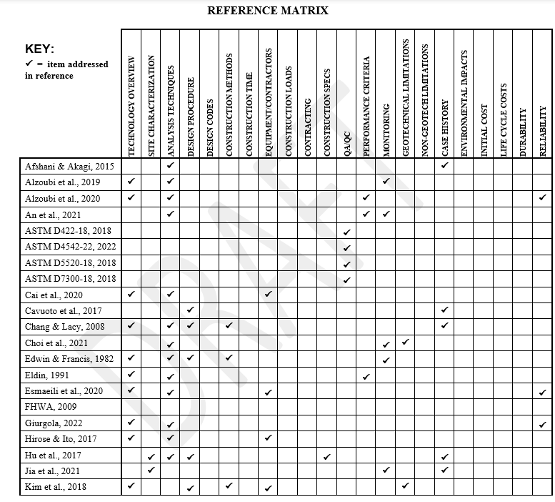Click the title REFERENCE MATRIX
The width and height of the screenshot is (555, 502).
[268, 11]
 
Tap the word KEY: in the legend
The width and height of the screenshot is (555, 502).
[39, 49]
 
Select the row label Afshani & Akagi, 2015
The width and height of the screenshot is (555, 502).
[69, 166]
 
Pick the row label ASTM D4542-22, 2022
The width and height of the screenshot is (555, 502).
[70, 247]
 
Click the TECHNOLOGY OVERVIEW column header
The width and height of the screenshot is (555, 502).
[131, 106]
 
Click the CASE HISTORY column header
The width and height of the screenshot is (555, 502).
[445, 127]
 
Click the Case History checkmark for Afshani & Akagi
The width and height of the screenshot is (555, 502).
[444, 165]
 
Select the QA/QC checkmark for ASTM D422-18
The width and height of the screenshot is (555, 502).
[347, 232]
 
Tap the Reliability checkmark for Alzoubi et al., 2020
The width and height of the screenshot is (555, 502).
[543, 197]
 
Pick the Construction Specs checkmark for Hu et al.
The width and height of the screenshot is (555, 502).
[327, 456]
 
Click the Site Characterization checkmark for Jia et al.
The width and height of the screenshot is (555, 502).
[151, 470]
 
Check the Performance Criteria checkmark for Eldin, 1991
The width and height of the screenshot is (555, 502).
[366, 376]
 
